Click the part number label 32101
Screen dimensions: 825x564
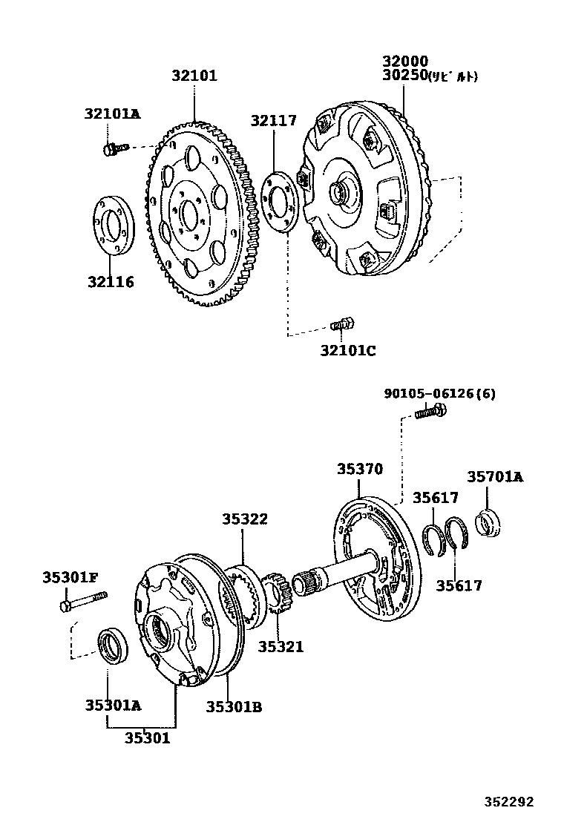pos(194,76)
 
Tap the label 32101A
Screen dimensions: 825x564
pos(112,114)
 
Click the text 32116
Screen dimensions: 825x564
pos(111,282)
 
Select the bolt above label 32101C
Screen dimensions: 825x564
pos(342,324)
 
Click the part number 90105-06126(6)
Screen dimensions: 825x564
pos(439,393)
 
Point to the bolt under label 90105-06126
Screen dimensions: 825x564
pos(430,411)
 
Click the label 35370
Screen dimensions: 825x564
pos(360,469)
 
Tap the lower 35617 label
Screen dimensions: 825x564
pos(459,585)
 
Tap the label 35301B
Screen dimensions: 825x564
pos(234,706)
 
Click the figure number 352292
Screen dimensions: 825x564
pos(509,801)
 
